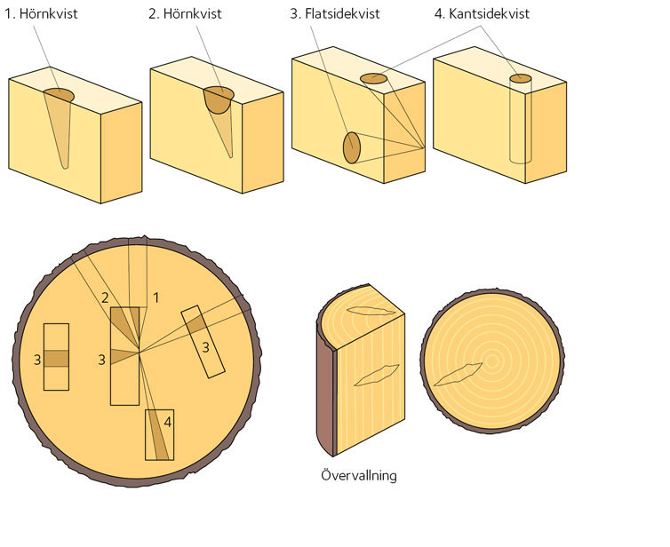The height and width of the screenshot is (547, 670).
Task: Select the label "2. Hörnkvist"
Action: pos(189,15)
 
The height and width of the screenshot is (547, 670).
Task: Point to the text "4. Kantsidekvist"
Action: pos(483,15)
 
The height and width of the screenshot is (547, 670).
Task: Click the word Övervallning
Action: pos(358,475)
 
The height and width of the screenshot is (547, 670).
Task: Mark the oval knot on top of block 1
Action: pos(58,94)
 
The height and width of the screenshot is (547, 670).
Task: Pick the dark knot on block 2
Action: pos(218,99)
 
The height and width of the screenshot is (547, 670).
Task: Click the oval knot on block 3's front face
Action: pos(352,147)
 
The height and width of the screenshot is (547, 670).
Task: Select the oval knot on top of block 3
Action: pos(374,79)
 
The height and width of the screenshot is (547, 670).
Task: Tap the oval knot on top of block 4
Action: pos(521,79)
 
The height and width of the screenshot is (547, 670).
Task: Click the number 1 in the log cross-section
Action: pos(156,297)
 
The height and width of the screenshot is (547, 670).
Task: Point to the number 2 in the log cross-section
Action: pos(105,297)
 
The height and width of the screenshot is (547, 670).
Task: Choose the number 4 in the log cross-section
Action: pos(167,422)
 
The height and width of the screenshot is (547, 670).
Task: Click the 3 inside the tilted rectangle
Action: pos(205,347)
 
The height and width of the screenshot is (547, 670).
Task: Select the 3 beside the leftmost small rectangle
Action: pos(37,359)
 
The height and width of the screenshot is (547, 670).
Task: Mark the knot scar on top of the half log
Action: pos(371,310)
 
